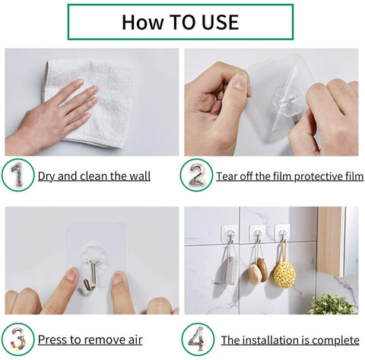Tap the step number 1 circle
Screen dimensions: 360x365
tap(17, 176)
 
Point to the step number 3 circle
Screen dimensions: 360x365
tap(17, 339)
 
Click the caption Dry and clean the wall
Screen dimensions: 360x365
tap(94, 177)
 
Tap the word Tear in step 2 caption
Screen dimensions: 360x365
tap(229, 177)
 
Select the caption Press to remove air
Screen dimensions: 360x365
tap(90, 339)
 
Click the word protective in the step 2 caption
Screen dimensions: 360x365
tap(312, 177)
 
